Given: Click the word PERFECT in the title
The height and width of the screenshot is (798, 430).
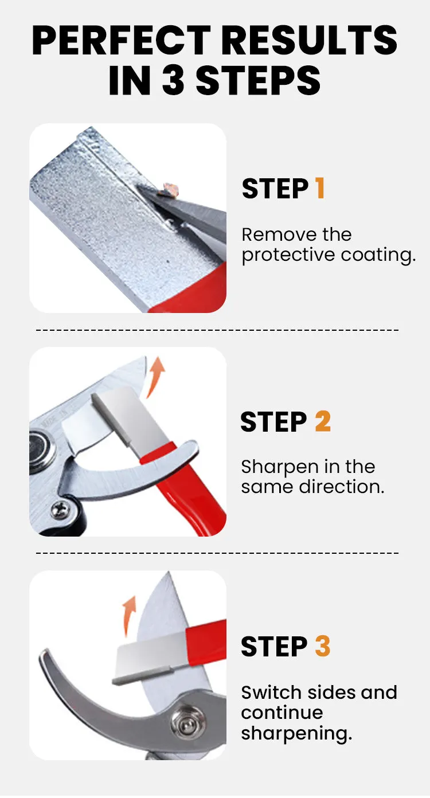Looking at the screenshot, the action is (122, 40).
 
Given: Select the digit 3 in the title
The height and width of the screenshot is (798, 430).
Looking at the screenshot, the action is (174, 80).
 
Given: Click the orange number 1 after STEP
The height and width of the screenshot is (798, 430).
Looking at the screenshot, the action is (319, 188).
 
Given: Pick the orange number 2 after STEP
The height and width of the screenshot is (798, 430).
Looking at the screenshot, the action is (323, 421).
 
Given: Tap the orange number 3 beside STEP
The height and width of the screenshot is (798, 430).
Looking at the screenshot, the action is (322, 646).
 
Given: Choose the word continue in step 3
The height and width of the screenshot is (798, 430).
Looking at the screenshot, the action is (282, 713).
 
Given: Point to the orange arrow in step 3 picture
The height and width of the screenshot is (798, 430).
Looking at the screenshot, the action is (129, 616).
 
